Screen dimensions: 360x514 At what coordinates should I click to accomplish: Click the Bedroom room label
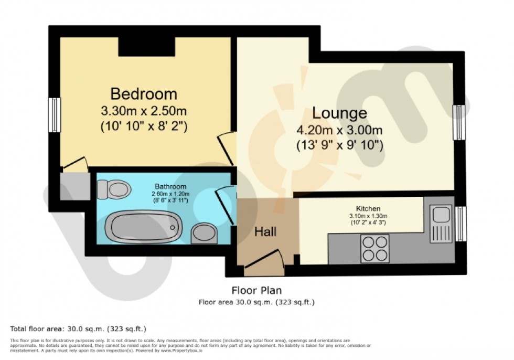click(144, 94)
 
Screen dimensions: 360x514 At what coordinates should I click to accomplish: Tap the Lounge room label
click(339, 113)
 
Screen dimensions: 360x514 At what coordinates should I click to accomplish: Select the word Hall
click(265, 231)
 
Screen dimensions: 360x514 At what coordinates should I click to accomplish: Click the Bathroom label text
click(170, 187)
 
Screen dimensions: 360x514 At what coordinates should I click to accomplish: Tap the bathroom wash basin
click(203, 232)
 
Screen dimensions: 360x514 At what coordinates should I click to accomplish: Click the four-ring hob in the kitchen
click(375, 249)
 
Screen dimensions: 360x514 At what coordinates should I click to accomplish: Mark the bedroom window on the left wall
click(54, 114)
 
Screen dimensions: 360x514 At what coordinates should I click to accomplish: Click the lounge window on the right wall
click(459, 122)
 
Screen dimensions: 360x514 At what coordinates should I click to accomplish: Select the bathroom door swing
click(224, 205)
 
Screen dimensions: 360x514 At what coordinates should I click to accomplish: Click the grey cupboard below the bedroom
click(73, 186)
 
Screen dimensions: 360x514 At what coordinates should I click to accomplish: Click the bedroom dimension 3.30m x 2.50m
click(144, 111)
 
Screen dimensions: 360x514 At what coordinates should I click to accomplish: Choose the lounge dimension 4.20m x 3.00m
click(339, 130)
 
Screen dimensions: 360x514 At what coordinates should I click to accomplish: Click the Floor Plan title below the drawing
click(256, 290)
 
